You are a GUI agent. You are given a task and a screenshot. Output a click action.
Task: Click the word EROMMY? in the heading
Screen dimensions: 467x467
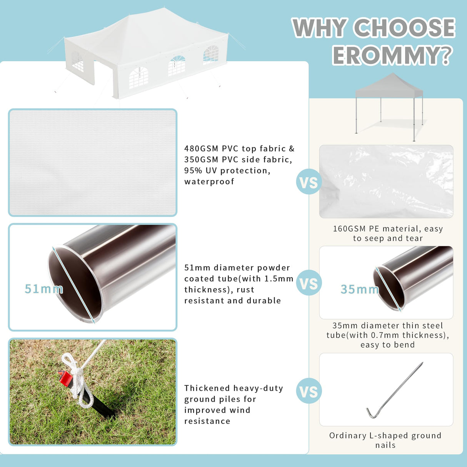point(393,55)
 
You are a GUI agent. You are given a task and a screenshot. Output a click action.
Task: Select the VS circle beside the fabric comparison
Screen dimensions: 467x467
point(309,182)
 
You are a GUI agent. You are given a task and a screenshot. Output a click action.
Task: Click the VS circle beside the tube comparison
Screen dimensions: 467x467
point(309,283)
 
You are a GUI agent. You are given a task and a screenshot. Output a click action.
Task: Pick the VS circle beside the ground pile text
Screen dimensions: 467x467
point(309,391)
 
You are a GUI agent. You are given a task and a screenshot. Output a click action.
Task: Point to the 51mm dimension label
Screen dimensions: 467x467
point(44,289)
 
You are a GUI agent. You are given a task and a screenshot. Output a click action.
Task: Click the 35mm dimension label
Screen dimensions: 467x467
point(360,289)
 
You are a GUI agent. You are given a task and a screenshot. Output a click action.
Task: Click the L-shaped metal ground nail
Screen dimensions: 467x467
point(395,390)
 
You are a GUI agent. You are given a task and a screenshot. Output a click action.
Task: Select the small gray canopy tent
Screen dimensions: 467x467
point(389,107)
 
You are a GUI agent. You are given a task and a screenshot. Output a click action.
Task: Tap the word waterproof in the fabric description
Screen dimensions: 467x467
point(209,181)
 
